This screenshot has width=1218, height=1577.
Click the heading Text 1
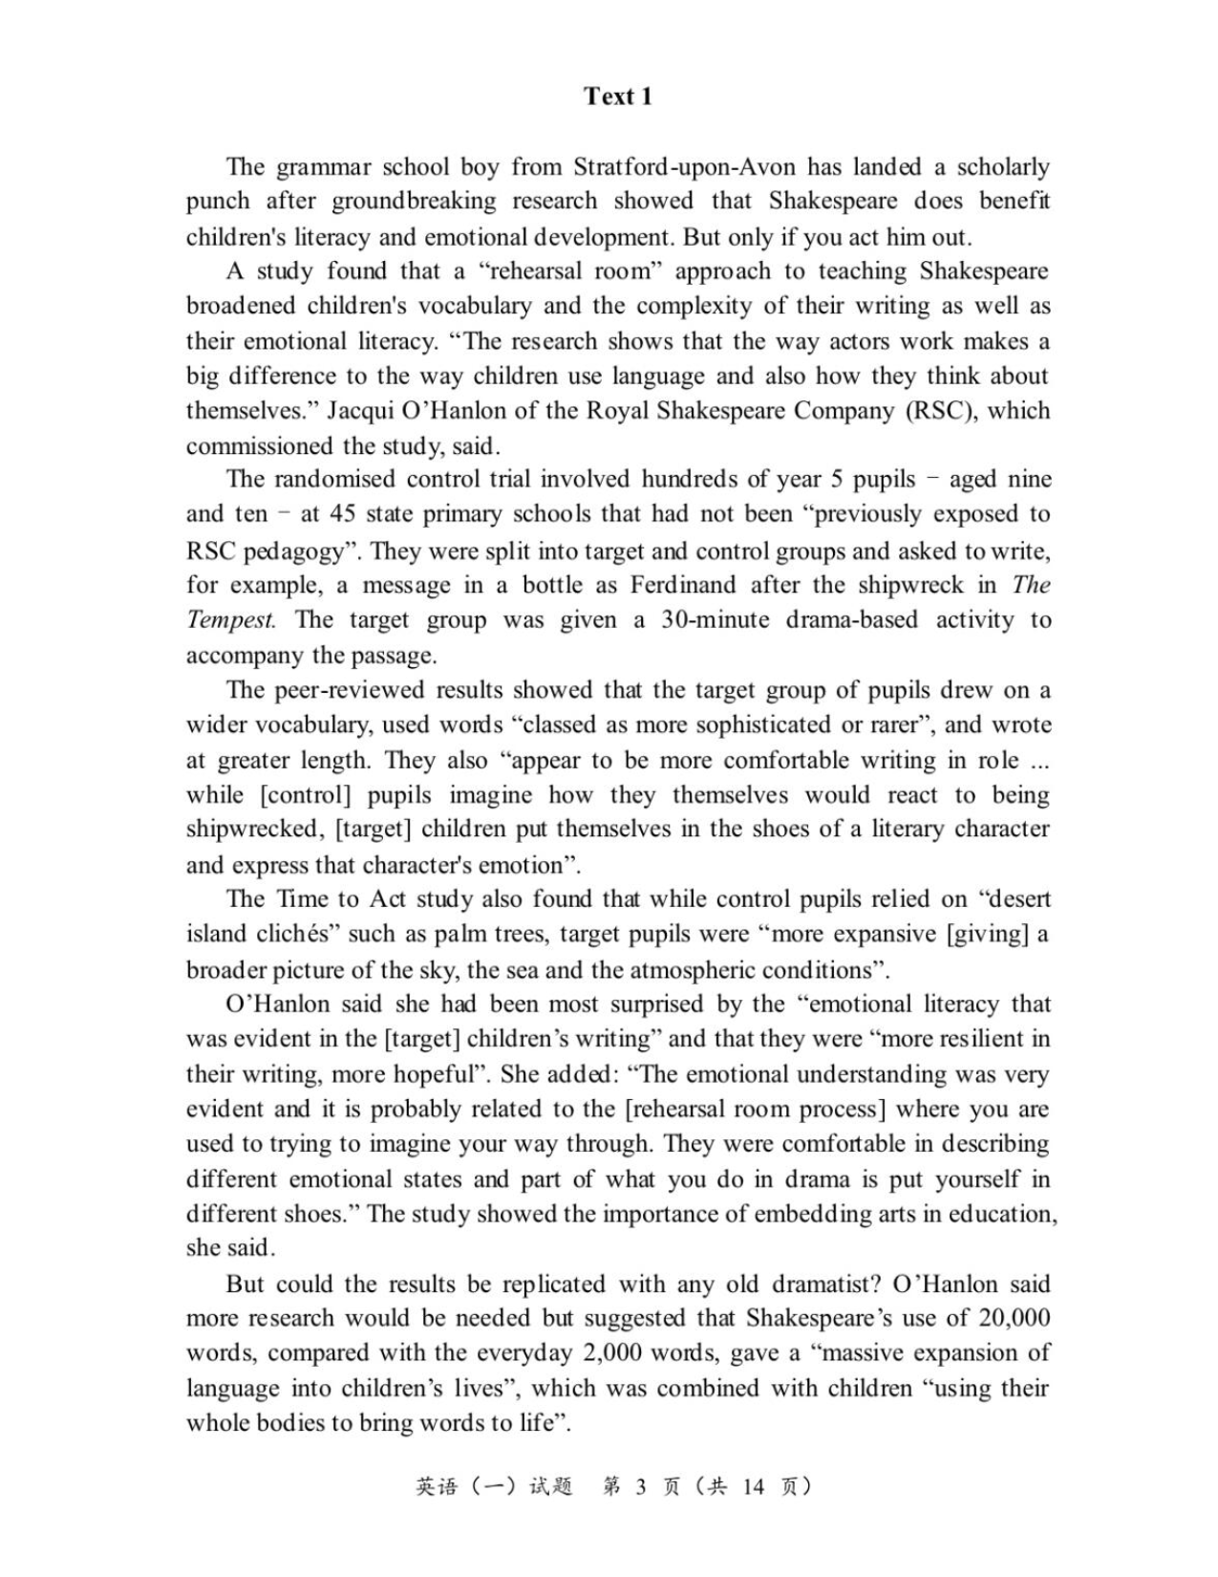[618, 96]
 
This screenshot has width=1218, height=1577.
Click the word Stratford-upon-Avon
[683, 166]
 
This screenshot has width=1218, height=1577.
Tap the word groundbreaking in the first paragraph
[414, 201]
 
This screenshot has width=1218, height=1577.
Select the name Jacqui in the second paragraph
[361, 411]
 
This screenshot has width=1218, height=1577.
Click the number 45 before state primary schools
[342, 514]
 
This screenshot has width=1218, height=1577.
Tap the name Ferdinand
[682, 585]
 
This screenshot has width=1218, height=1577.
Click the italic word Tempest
[230, 619]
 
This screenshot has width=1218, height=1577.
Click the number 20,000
[1015, 1318]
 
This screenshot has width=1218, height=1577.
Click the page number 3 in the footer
[640, 1486]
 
